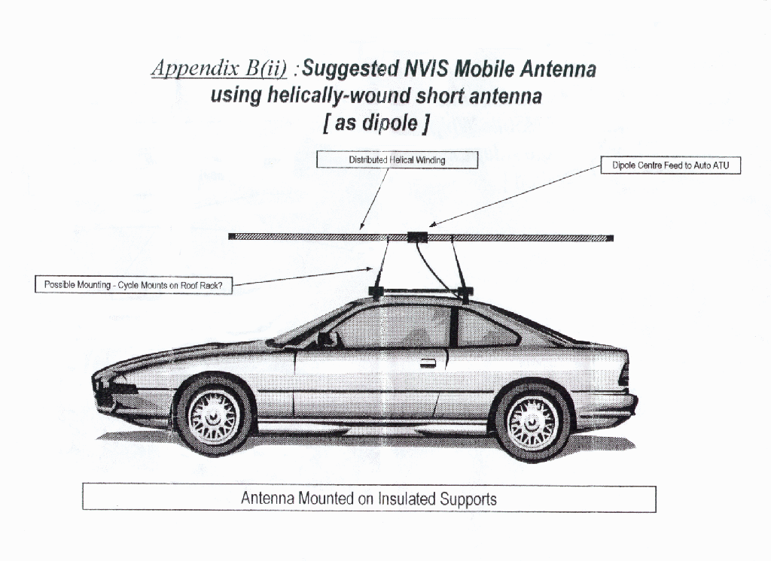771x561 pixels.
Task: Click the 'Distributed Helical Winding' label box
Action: (x=397, y=159)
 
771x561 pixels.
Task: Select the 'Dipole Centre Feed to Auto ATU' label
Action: (x=670, y=165)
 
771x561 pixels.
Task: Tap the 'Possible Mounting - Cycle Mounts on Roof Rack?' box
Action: (x=133, y=284)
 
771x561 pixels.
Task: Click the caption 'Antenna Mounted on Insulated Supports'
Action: (x=369, y=499)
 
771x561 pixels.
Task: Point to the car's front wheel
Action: (x=214, y=416)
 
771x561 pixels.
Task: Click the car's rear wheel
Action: (x=532, y=422)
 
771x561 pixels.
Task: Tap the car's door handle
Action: (x=428, y=363)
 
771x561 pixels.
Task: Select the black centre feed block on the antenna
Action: (x=417, y=238)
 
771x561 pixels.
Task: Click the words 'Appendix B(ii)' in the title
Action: (x=219, y=68)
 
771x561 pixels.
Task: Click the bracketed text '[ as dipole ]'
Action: (x=377, y=123)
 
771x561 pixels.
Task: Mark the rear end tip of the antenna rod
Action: (x=613, y=238)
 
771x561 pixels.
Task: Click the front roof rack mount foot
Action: (x=376, y=292)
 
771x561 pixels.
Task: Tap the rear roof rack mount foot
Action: (x=465, y=293)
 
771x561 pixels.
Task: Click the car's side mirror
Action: (x=325, y=338)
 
